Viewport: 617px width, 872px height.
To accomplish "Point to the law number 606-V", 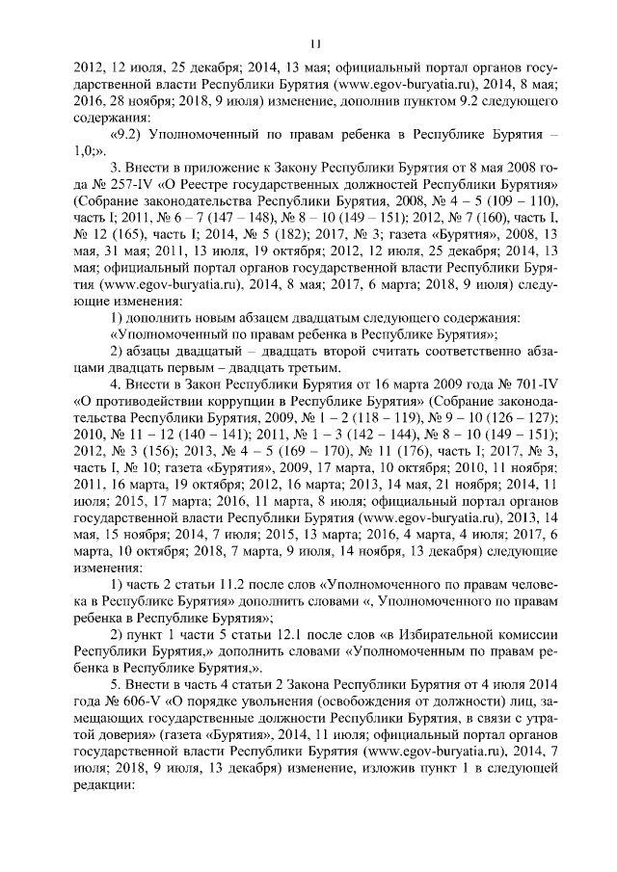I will point(121,696).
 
